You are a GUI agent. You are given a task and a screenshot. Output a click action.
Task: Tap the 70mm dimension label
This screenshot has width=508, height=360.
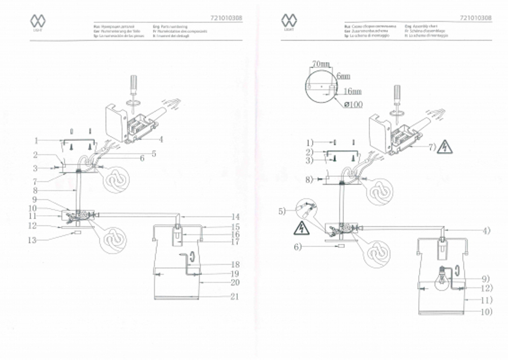321,64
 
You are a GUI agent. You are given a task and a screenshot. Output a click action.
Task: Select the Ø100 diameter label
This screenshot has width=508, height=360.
353,104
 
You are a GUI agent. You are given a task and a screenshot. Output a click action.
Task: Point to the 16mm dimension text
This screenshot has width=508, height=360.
353,92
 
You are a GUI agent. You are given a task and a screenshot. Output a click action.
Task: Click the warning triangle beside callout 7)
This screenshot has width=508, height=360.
445,147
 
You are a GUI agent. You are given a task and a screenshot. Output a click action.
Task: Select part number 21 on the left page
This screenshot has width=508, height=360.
235,296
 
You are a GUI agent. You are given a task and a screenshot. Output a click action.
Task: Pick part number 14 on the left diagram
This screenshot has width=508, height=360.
235,217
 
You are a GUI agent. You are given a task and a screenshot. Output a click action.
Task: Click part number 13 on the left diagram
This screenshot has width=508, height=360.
33,240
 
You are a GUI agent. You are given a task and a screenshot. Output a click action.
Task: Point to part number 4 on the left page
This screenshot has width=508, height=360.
161,138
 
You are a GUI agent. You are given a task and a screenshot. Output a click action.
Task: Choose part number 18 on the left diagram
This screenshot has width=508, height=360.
235,264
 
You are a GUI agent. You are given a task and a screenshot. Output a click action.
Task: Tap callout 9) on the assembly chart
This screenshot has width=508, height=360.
484,278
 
